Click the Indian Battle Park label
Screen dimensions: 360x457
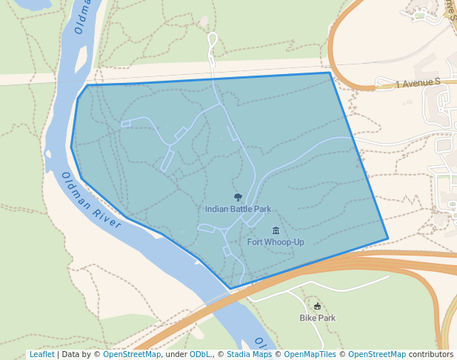(x=238, y=210)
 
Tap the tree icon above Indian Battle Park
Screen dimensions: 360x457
(x=238, y=198)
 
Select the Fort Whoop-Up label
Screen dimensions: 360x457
(x=276, y=242)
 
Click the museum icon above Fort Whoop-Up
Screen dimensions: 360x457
(x=276, y=231)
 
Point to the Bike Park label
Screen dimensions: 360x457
(x=318, y=318)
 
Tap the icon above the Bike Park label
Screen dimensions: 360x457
(x=318, y=307)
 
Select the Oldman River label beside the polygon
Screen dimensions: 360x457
(x=91, y=201)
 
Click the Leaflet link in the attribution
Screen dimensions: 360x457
(x=41, y=355)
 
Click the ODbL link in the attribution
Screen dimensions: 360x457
(x=200, y=355)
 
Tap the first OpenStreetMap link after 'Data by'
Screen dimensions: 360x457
(x=132, y=355)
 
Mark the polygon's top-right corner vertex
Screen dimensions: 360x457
(x=330, y=73)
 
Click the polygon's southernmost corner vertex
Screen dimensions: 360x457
(x=231, y=288)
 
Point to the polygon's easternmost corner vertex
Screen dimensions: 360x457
(x=387, y=239)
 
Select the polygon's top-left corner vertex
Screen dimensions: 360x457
(x=87, y=85)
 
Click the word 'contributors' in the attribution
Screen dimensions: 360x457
(x=431, y=355)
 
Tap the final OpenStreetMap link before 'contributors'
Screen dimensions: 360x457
(x=377, y=355)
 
